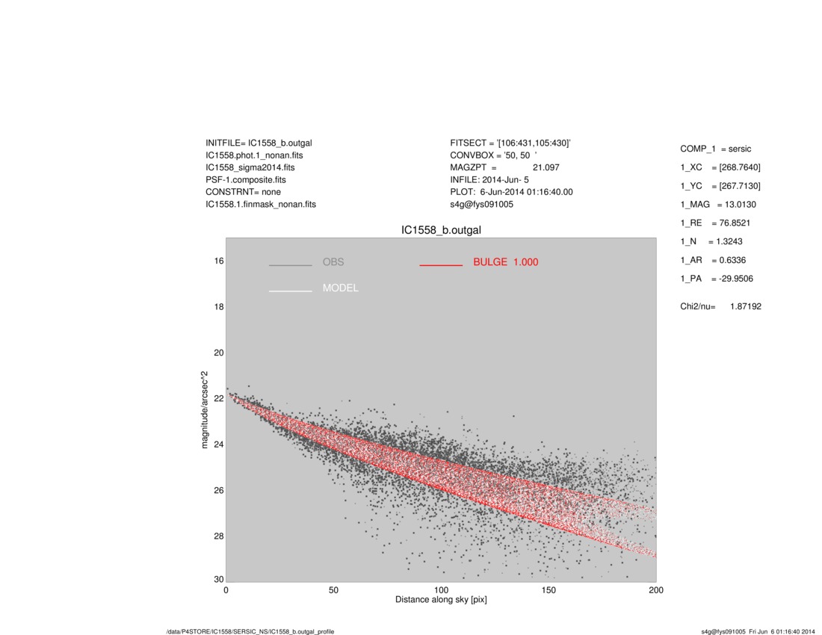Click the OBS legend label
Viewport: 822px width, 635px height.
333,262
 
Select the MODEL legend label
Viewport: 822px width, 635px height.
340,288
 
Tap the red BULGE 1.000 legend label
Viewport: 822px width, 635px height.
505,262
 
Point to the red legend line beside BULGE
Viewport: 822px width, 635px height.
441,264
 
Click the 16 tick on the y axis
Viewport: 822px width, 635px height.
219,261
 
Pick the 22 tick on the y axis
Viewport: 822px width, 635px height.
219,399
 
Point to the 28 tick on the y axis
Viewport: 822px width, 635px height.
219,536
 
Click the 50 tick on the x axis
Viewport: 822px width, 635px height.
333,590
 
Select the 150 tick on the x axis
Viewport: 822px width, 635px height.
548,590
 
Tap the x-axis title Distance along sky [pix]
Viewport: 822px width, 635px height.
441,600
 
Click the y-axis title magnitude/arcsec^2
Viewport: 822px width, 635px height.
205,409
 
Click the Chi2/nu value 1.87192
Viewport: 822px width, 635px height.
745,306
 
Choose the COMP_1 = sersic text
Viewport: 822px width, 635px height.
715,149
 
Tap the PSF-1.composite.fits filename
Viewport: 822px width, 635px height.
245,180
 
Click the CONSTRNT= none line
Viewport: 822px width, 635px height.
243,192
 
